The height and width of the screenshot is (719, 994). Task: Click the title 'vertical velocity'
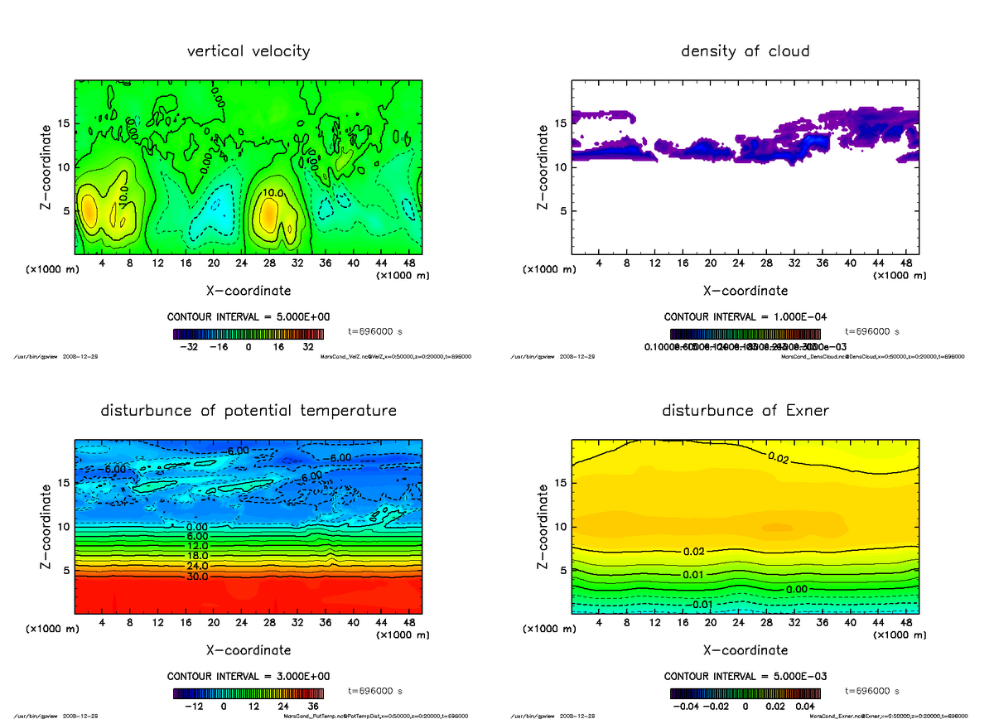[x=248, y=51]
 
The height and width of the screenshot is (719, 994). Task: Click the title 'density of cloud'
[x=745, y=51]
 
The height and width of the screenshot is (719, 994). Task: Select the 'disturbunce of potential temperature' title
[x=248, y=411]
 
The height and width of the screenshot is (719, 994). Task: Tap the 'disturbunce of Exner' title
[x=745, y=411]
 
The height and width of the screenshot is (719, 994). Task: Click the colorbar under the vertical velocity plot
[x=248, y=335]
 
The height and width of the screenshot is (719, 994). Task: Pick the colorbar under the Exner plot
[x=745, y=694]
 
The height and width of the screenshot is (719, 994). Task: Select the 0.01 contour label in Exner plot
[x=694, y=574]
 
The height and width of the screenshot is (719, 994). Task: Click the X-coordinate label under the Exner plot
[x=745, y=650]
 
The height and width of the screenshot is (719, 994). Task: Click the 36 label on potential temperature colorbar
[x=314, y=707]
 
